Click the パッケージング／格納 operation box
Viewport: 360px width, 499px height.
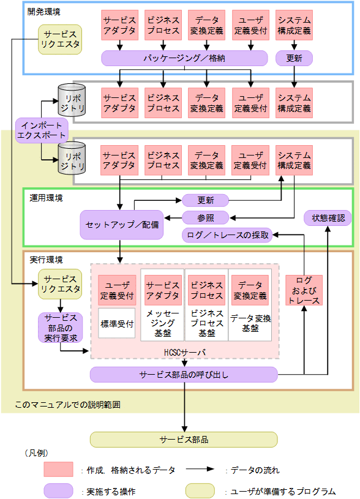pos(184,58)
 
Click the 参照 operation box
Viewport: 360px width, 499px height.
pos(205,217)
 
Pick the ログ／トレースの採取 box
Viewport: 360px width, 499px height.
pos(227,235)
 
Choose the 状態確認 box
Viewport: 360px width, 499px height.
pos(328,217)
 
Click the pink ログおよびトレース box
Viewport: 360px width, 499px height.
pos(304,291)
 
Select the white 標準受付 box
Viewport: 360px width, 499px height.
pos(116,324)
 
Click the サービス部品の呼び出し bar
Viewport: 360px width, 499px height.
pos(184,374)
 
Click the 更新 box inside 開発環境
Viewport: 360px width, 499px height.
pos(294,58)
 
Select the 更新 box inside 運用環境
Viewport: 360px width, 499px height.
pos(205,200)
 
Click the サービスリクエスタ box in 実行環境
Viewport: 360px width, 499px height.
pos(59,284)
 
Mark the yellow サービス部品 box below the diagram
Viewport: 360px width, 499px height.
pos(184,440)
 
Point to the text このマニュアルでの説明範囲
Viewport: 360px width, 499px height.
pos(67,405)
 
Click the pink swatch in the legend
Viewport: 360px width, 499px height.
pos(59,470)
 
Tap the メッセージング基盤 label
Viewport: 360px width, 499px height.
pos(162,323)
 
